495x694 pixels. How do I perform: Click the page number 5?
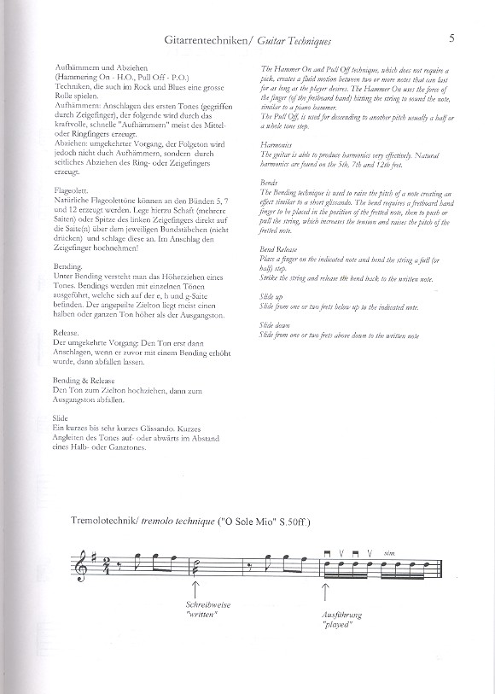450,38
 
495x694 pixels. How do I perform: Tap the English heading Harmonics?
275,146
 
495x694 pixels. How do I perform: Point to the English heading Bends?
267,183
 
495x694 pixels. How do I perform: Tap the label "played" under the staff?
336,624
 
